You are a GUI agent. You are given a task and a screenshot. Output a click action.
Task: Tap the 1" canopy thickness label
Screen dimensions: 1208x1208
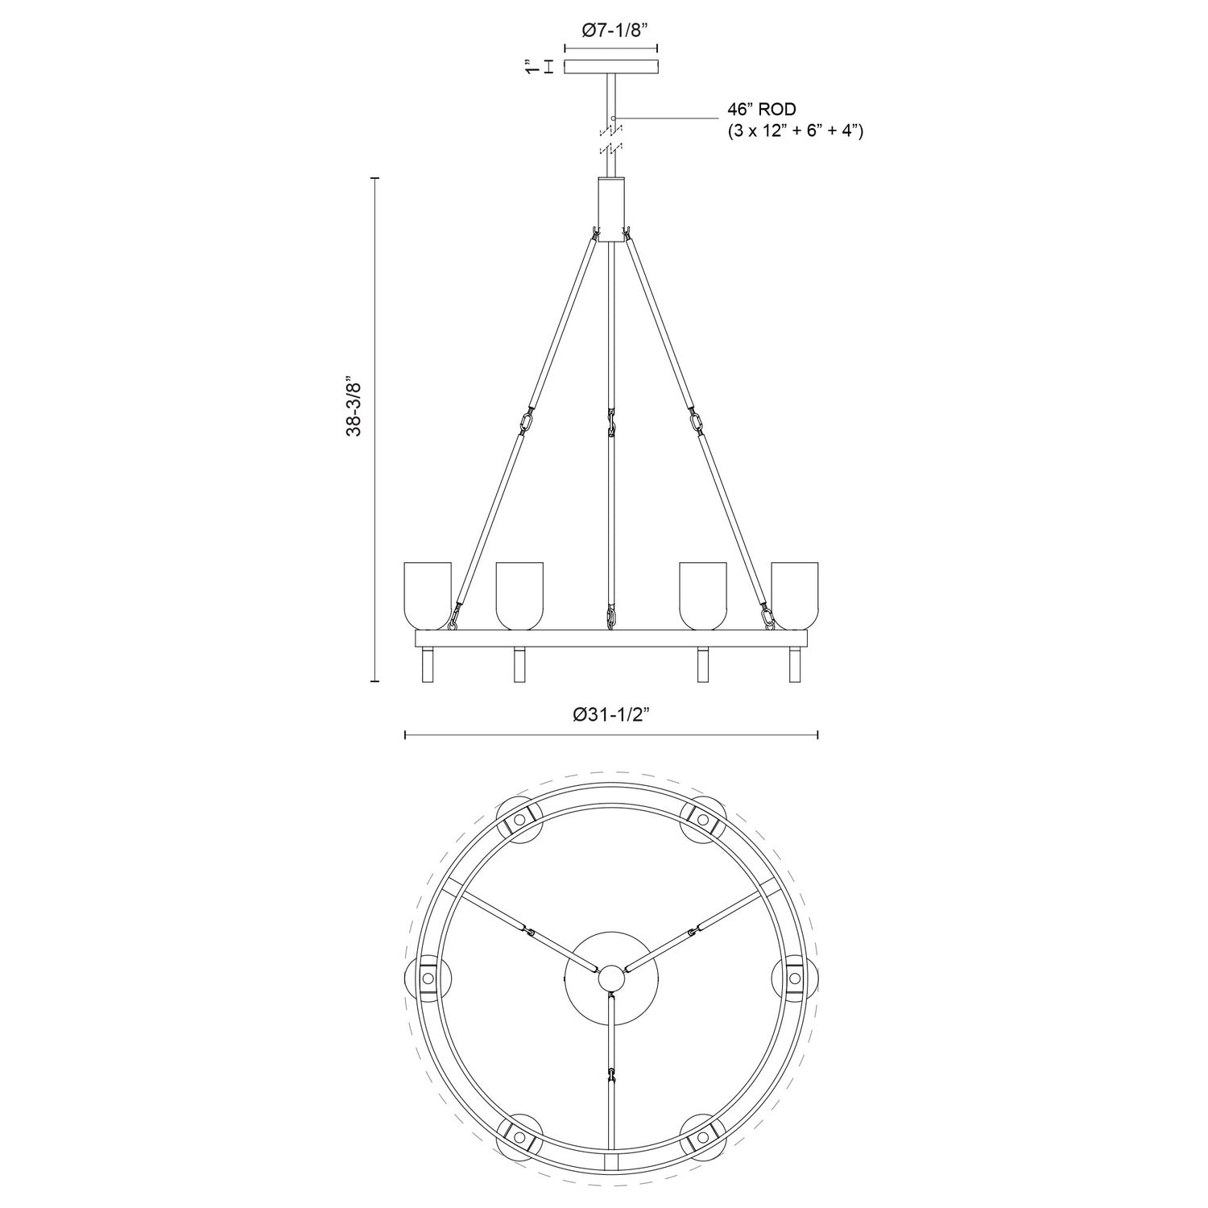point(529,68)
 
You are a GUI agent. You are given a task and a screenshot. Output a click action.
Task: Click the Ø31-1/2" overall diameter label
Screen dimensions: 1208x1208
point(610,714)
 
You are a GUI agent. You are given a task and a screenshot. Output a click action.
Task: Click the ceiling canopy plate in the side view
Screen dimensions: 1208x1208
point(611,68)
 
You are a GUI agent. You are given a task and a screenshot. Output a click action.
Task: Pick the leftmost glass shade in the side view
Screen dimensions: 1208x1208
point(428,594)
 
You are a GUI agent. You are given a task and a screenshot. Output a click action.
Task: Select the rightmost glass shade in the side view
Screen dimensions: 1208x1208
point(795,594)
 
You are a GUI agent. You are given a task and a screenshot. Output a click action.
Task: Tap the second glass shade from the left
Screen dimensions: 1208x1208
point(519,594)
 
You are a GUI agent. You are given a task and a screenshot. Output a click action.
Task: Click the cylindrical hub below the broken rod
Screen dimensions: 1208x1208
point(611,209)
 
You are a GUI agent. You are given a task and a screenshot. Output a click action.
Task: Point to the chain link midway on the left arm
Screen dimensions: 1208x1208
point(527,423)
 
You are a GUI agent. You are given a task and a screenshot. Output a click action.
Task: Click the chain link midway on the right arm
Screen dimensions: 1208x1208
point(695,423)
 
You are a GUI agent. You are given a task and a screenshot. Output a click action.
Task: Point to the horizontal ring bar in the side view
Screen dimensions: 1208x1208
point(611,639)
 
